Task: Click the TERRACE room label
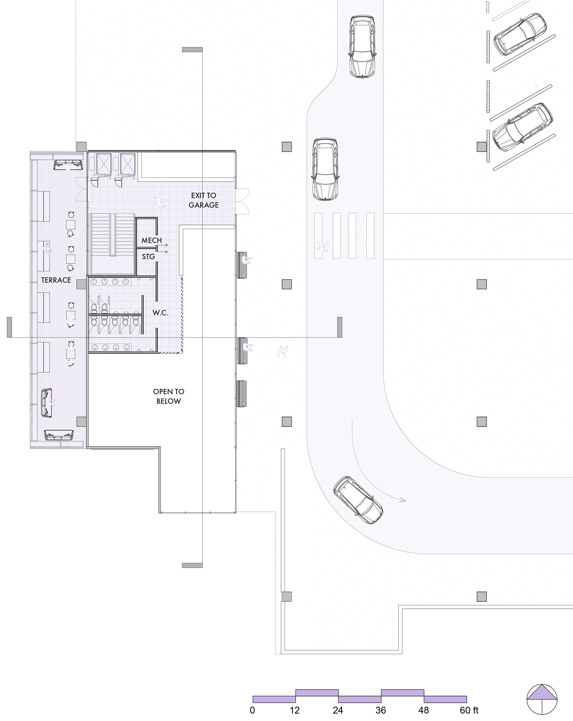click(56, 280)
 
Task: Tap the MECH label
click(152, 240)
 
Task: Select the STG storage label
click(149, 256)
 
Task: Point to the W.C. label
click(160, 313)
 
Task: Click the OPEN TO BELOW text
click(169, 396)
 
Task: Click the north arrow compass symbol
click(542, 699)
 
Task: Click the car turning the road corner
click(358, 500)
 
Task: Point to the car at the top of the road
click(362, 47)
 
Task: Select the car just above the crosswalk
click(325, 169)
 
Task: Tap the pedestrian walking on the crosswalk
click(322, 247)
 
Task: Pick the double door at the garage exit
click(242, 201)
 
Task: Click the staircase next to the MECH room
click(113, 244)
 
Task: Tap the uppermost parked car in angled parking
click(520, 34)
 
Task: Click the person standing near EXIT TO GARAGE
click(160, 202)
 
